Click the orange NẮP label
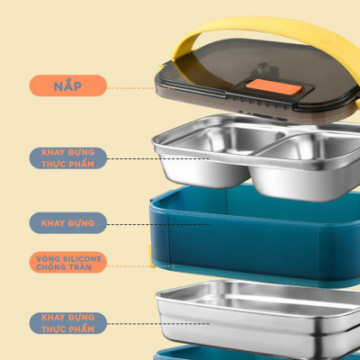pyautogui.click(x=67, y=86)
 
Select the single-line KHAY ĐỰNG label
pyautogui.click(x=67, y=221)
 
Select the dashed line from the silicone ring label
pyautogui.click(x=126, y=266)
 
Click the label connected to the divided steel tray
pyautogui.click(x=67, y=158)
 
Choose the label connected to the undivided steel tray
pyautogui.click(x=67, y=322)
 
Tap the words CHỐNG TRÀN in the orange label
pyautogui.click(x=68, y=267)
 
